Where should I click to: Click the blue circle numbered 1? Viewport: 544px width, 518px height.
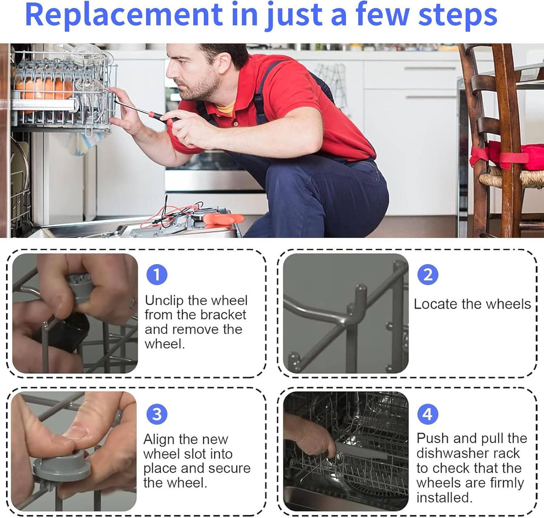point(157,275)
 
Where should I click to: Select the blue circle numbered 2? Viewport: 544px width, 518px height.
point(428,275)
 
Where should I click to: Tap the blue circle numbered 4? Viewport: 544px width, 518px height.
point(428,414)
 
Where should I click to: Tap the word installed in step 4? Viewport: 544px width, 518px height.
point(444,498)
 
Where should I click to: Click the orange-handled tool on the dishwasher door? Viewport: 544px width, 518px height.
point(223,219)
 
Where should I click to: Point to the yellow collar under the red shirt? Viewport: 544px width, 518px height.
point(226,109)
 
